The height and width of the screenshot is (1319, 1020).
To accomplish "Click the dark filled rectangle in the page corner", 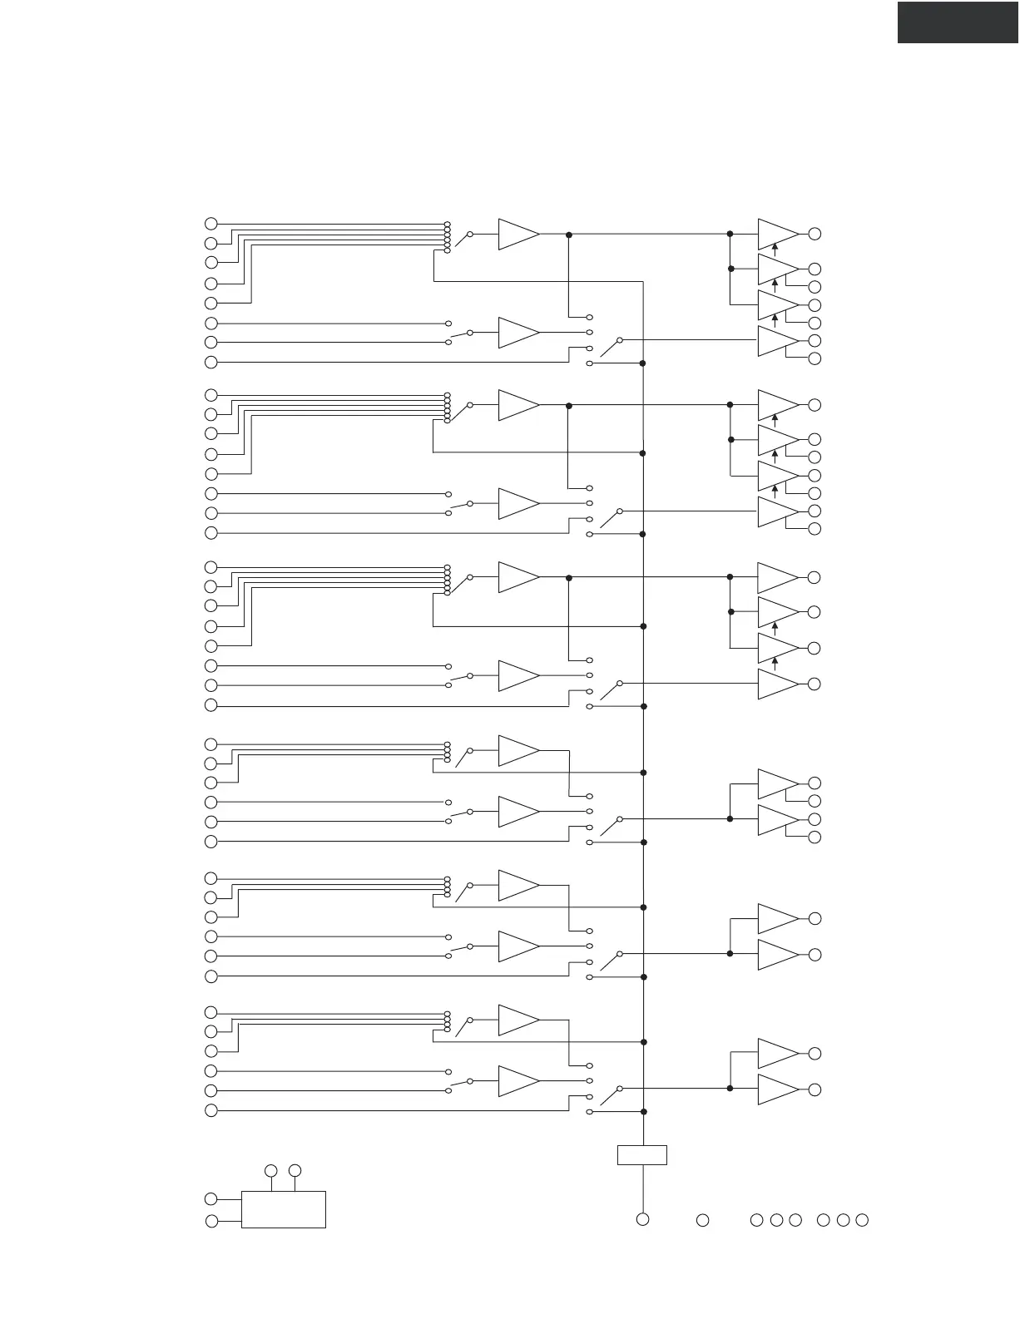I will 958,22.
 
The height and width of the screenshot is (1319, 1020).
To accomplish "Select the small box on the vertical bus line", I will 642,1155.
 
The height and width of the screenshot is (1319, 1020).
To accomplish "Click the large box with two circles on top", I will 283,1209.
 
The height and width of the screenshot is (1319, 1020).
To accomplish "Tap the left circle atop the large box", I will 271,1171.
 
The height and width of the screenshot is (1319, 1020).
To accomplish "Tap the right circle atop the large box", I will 295,1171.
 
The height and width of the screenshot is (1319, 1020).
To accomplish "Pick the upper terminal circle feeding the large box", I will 211,1199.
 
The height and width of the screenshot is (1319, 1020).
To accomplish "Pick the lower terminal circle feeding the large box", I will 211,1221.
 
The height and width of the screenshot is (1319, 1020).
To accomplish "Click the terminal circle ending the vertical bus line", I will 642,1219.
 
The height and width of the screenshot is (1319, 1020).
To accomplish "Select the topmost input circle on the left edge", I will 211,224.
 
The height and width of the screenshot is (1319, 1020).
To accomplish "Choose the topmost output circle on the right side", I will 815,234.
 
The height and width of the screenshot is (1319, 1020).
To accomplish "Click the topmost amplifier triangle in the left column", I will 518,235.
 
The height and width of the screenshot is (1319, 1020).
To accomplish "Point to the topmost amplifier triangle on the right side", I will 777,235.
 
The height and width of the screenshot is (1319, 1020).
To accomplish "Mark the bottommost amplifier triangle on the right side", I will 777,1089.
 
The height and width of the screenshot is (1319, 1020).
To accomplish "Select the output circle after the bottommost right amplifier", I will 815,1089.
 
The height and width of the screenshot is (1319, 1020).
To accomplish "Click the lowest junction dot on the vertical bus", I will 643,1111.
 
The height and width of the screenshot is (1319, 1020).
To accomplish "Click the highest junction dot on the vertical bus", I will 643,363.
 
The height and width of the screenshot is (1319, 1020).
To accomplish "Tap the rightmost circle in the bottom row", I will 862,1220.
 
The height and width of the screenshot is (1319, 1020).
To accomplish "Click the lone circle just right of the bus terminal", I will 702,1220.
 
